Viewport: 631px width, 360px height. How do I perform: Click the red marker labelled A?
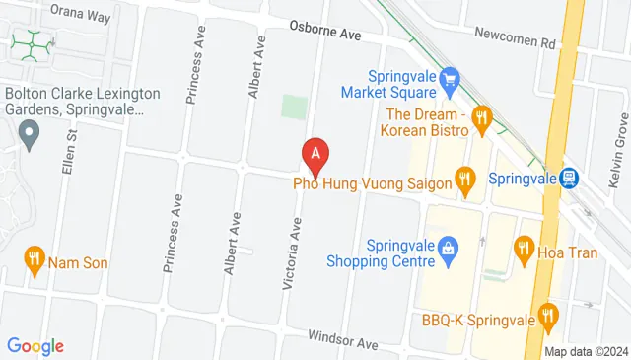click(x=315, y=154)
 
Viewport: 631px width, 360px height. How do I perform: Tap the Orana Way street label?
click(x=81, y=15)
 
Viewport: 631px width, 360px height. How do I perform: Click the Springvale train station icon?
click(x=568, y=179)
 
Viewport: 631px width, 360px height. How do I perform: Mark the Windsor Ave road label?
click(x=343, y=341)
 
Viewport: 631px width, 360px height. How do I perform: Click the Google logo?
click(x=35, y=346)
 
